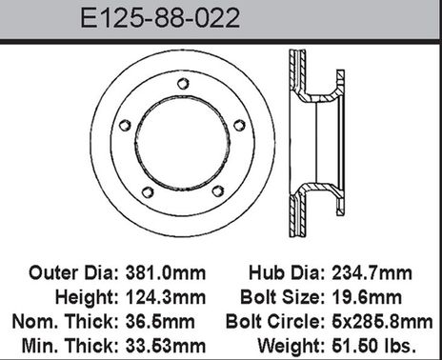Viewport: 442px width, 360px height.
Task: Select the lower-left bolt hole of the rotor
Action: pos(148,192)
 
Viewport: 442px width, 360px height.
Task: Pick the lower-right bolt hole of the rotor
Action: pos(218,191)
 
